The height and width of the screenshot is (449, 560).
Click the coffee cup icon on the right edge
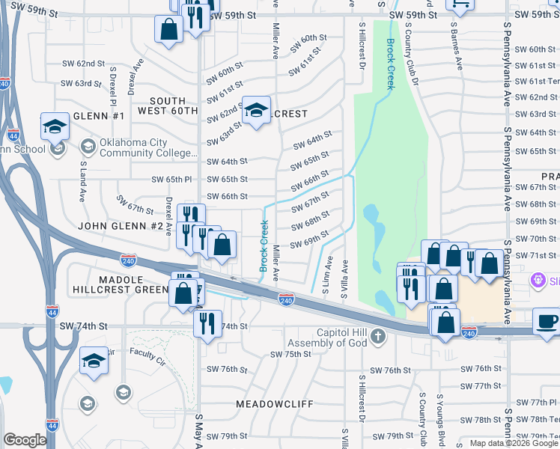(x=546, y=322)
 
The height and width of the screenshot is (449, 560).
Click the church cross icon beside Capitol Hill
(x=377, y=335)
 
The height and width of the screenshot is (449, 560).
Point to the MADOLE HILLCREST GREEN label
(x=120, y=284)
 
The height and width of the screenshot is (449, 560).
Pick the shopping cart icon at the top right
(x=459, y=4)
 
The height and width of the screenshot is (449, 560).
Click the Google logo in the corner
(x=25, y=440)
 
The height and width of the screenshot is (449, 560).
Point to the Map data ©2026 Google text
(x=514, y=443)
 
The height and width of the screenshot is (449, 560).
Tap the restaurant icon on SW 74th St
(x=207, y=323)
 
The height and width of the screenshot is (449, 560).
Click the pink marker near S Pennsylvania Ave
(x=538, y=280)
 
